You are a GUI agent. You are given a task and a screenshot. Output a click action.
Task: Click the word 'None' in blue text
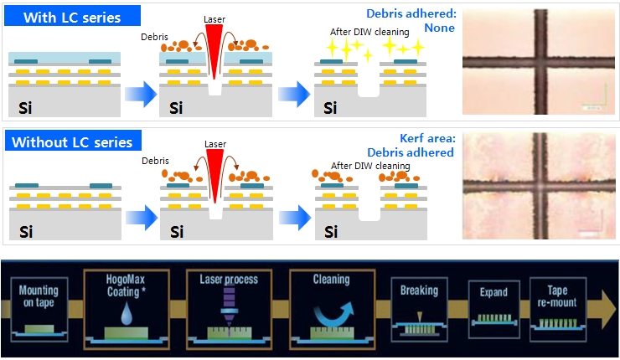pos(439,28)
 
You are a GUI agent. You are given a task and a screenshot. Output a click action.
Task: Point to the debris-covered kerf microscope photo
pos(536,186)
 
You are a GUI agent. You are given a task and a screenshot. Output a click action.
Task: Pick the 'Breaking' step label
pos(418,290)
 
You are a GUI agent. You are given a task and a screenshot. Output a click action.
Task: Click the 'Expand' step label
pos(493,295)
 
